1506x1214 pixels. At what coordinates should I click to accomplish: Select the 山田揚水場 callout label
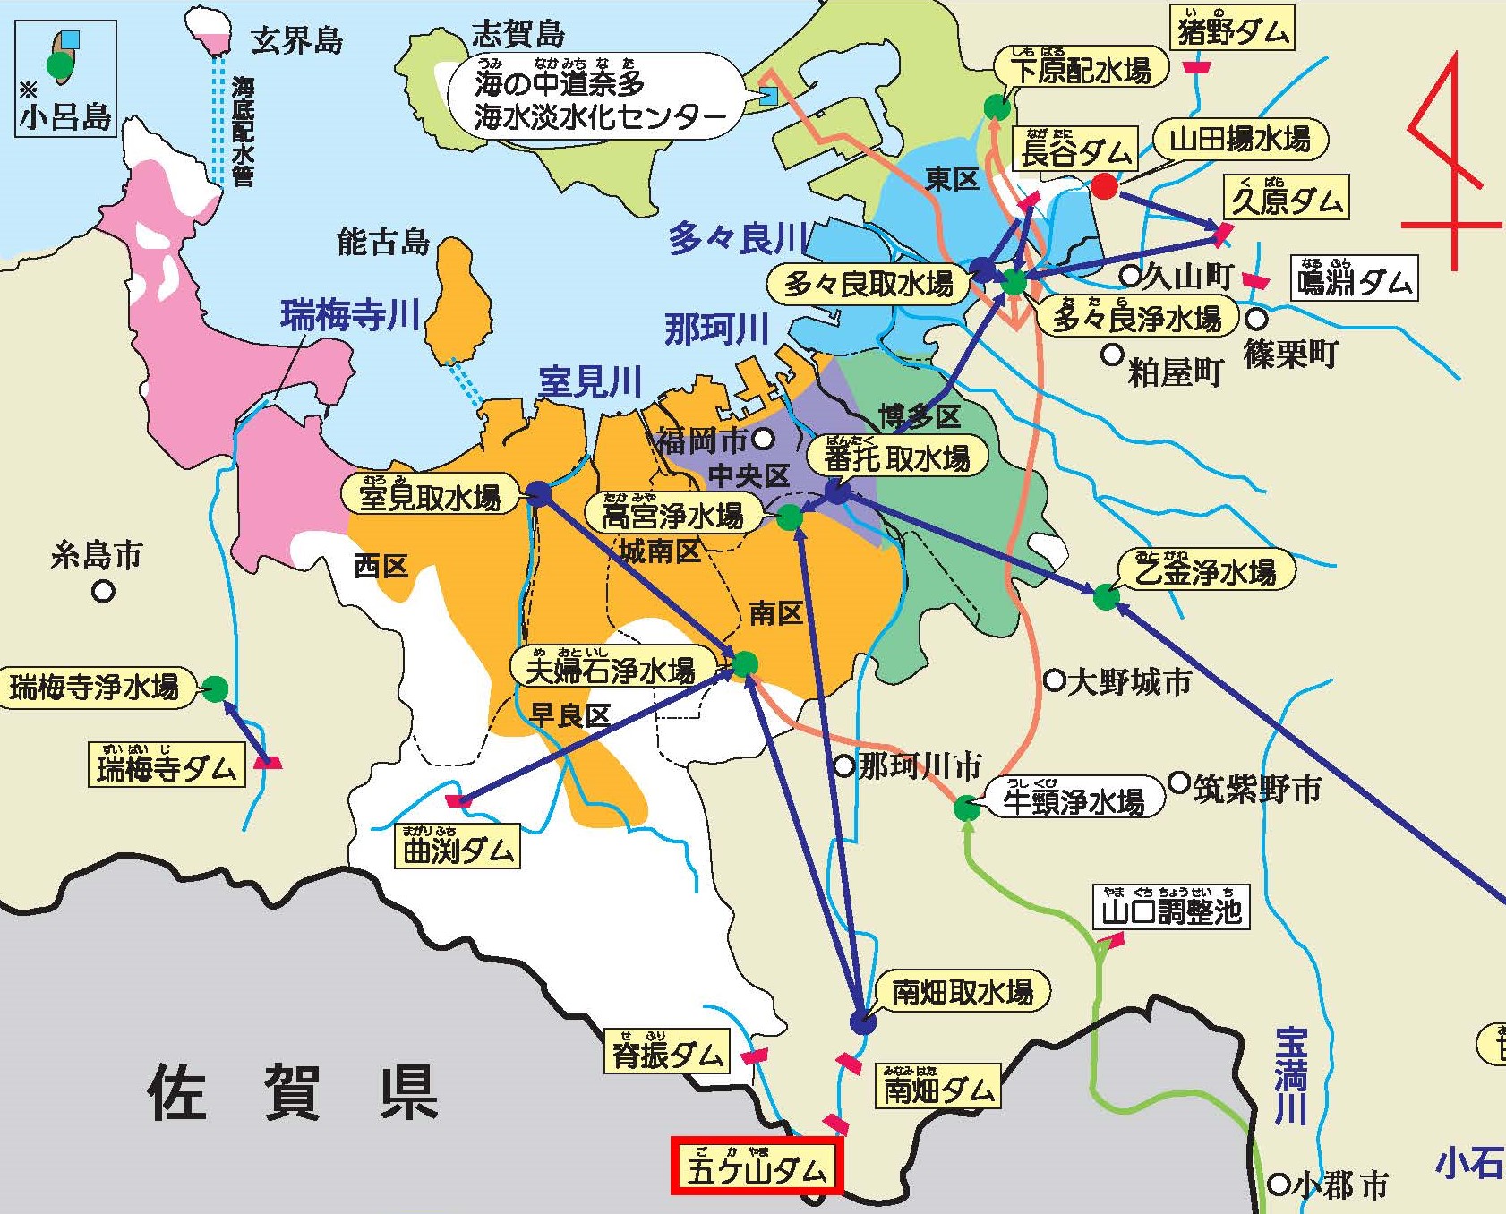click(x=1240, y=140)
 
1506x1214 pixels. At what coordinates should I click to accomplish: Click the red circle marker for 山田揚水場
click(x=1105, y=186)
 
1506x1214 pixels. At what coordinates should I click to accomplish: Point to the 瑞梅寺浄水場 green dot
click(x=215, y=688)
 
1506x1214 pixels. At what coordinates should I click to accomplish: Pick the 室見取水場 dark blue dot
click(x=538, y=493)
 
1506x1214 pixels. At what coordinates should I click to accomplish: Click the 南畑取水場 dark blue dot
click(x=861, y=1021)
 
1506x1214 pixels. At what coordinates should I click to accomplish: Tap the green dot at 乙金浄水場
click(x=1106, y=596)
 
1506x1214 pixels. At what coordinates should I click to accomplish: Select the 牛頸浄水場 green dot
click(x=967, y=808)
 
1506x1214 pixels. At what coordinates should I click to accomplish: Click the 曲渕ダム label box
click(x=458, y=847)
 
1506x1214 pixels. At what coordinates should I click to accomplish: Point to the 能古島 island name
click(x=383, y=242)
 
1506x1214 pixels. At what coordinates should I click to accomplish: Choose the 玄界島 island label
click(x=296, y=40)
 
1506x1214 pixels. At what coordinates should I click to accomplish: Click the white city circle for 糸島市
click(x=104, y=591)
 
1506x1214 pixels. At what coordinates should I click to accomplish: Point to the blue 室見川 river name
click(x=590, y=382)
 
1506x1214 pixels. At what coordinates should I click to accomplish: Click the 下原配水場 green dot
click(x=997, y=107)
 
